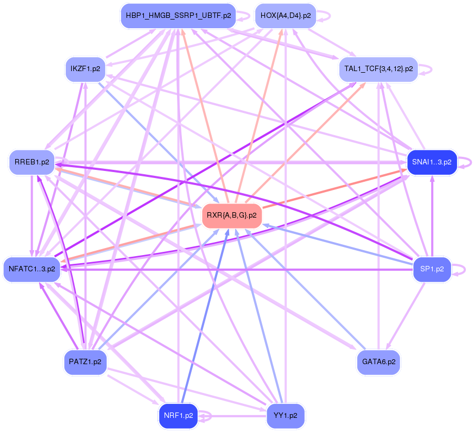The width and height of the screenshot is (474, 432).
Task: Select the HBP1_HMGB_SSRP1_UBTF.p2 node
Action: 179,16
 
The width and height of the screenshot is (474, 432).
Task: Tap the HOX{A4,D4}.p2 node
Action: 286,16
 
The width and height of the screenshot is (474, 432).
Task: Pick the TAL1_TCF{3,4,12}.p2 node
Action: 378,69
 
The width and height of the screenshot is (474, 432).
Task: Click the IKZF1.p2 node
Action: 85,69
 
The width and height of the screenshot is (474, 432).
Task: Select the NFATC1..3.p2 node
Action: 32,269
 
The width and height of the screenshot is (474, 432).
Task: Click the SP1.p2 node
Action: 432,269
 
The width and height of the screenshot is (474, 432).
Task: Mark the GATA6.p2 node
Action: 378,361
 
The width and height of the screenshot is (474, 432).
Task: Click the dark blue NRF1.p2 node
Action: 178,416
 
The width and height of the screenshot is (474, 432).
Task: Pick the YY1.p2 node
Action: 286,416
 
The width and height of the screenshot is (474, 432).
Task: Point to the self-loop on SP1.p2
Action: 465,269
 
